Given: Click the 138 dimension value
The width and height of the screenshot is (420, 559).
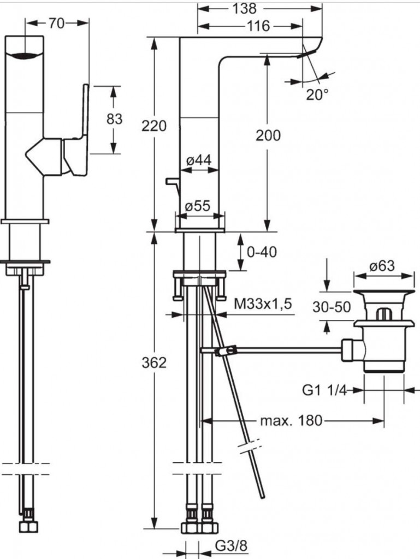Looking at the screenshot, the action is tap(245, 8).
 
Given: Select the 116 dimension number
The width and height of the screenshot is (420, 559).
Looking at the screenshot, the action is tap(258, 26).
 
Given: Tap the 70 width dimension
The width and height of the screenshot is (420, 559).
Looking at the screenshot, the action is tap(57, 23).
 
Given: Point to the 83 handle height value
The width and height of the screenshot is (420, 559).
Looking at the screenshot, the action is tap(115, 118).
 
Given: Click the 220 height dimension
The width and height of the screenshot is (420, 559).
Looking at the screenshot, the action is tap(154, 126).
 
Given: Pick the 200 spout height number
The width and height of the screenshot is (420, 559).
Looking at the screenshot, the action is tap(268, 135).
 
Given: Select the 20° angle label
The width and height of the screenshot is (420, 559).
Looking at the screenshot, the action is tap(317, 95).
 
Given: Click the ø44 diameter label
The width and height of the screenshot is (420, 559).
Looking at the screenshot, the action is tap(199, 160).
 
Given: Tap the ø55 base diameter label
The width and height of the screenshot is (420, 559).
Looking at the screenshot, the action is tap(198, 206).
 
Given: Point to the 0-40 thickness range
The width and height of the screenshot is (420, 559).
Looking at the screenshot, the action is tap(262, 252).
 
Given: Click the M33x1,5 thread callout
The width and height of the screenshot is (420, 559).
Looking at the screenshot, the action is tap(263, 304).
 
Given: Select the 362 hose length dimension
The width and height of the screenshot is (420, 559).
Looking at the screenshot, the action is tap(154, 362).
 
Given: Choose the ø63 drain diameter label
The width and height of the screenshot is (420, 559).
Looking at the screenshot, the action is tap(382, 266).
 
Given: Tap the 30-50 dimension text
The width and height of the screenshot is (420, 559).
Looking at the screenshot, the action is tap(332, 307).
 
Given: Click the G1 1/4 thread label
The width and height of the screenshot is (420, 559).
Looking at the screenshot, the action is tap(324, 390).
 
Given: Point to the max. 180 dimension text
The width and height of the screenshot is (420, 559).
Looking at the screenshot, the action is tap(291, 421).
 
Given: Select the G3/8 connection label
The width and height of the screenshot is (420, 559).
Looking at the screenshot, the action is tap(231, 546).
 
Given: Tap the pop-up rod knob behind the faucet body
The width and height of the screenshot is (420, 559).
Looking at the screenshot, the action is tap(172, 181).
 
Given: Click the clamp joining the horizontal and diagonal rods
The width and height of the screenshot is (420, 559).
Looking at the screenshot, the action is tap(226, 351).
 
